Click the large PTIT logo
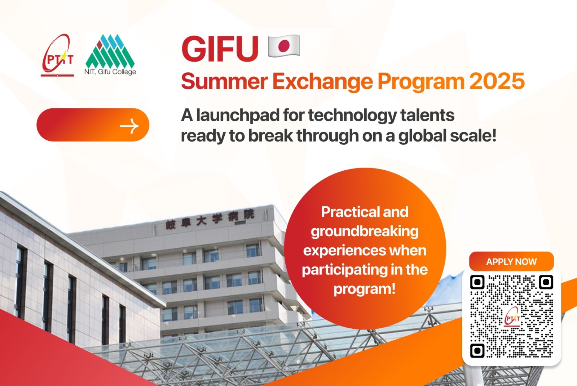[x=58, y=56]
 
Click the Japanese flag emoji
[x=284, y=46]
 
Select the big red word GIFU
[x=220, y=49]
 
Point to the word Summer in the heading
[x=224, y=81]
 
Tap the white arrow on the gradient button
[x=129, y=126]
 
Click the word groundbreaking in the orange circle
[x=365, y=231]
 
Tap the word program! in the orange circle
[x=364, y=289]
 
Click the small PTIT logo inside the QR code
[x=512, y=317]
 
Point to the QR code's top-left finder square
[x=477, y=282]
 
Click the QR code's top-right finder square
[x=546, y=282]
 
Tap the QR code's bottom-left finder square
[x=477, y=350]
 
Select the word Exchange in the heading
[x=322, y=81]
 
